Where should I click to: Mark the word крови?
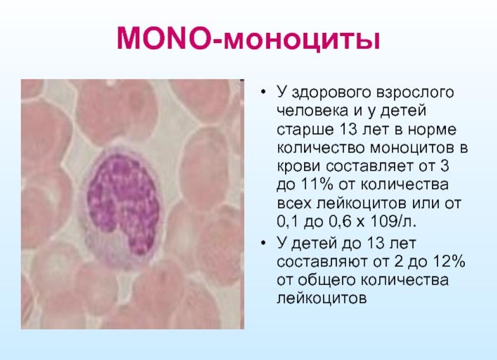coord(297,168)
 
